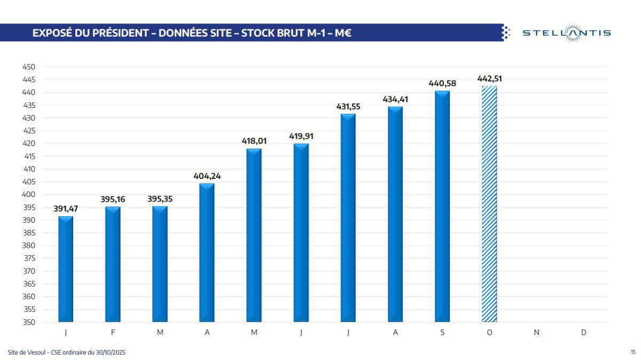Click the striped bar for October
pyautogui.click(x=489, y=204)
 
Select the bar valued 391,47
pyautogui.click(x=66, y=269)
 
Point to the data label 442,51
pyautogui.click(x=489, y=79)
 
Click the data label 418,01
pyautogui.click(x=254, y=141)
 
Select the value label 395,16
pyautogui.click(x=113, y=199)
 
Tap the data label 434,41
pyautogui.click(x=395, y=99)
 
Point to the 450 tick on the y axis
pyautogui.click(x=29, y=67)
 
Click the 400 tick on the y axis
pyautogui.click(x=29, y=194)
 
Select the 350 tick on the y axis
pyautogui.click(x=29, y=322)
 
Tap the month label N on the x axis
pyautogui.click(x=536, y=332)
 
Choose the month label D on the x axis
pyautogui.click(x=583, y=332)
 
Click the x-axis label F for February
pyautogui.click(x=113, y=332)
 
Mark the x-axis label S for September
pyautogui.click(x=442, y=332)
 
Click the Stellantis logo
pyautogui.click(x=566, y=33)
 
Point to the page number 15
pyautogui.click(x=633, y=352)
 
